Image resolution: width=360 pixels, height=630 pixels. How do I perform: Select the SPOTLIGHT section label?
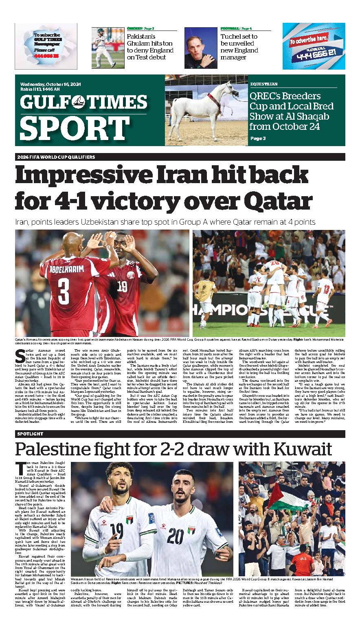coord(30,434)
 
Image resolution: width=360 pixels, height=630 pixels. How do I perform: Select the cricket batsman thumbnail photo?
coord(108,47)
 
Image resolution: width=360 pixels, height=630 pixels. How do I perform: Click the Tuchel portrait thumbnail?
coord(200,47)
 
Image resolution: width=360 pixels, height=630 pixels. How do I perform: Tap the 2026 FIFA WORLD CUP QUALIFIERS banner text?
coord(56,157)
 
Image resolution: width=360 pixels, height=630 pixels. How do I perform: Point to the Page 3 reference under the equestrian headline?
coord(258,138)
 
